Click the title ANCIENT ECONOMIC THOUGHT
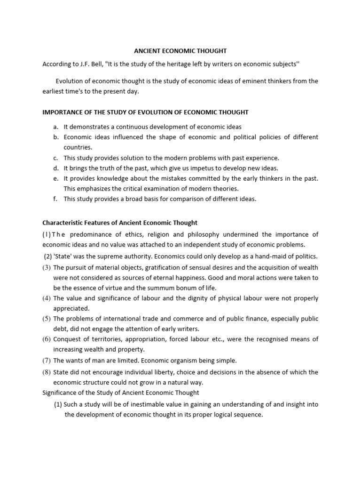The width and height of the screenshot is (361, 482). click(180, 51)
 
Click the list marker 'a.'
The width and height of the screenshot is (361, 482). click(55, 127)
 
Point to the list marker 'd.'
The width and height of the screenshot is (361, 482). click(55, 168)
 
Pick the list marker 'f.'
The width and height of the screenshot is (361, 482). click(55, 199)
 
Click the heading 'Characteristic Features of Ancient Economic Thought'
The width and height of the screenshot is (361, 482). click(120, 223)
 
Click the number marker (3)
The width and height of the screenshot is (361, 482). click(47, 267)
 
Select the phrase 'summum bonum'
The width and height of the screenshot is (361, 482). click(153, 288)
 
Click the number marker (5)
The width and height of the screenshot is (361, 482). click(47, 319)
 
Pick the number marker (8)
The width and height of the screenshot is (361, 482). click(47, 372)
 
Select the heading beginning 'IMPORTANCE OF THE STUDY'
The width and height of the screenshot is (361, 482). click(145, 112)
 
